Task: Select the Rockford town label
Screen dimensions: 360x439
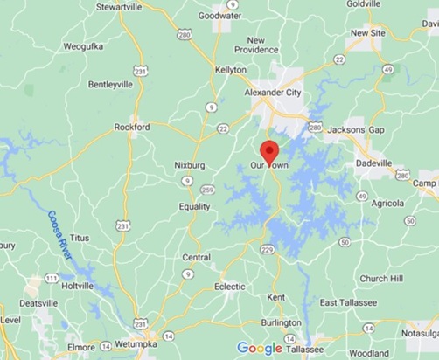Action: tap(134, 127)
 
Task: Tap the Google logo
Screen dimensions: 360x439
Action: tap(261, 348)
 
